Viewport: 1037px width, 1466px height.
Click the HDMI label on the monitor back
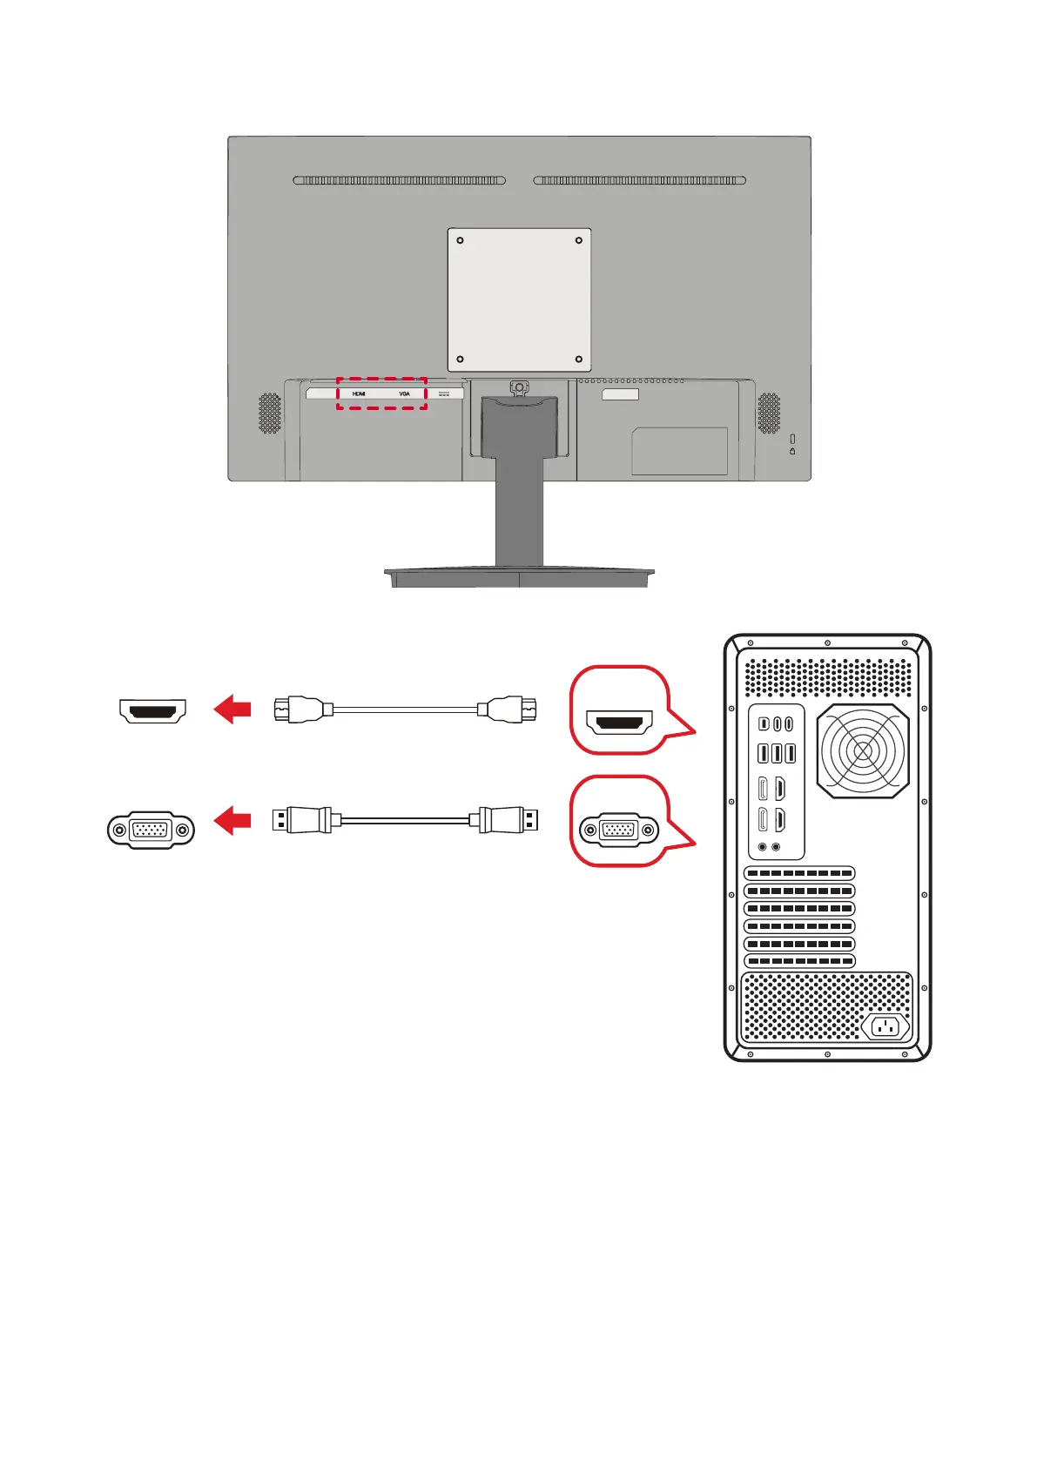[359, 393]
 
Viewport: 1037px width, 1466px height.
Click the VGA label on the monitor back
[404, 393]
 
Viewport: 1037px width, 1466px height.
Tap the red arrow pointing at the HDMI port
[232, 709]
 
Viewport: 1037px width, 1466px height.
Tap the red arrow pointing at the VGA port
[232, 819]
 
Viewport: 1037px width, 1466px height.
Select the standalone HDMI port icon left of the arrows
[153, 711]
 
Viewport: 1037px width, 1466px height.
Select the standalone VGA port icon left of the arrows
[151, 831]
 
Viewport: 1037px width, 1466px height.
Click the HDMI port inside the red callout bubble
[619, 722]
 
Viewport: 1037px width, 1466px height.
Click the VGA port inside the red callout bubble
[619, 831]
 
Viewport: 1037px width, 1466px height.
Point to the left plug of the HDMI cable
[300, 709]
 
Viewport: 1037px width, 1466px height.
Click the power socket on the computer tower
[885, 1026]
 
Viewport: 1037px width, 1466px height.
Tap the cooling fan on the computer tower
[863, 750]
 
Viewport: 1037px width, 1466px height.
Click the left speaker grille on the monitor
[270, 413]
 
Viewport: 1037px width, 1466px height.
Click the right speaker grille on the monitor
[769, 413]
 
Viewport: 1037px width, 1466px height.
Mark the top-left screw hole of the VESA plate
[461, 240]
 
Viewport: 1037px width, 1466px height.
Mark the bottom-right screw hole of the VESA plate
[579, 359]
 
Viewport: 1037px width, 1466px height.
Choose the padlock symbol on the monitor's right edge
[792, 451]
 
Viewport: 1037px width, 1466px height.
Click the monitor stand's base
[519, 576]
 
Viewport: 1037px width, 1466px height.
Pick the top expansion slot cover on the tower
[799, 873]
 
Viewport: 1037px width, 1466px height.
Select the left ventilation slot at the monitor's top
[399, 180]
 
